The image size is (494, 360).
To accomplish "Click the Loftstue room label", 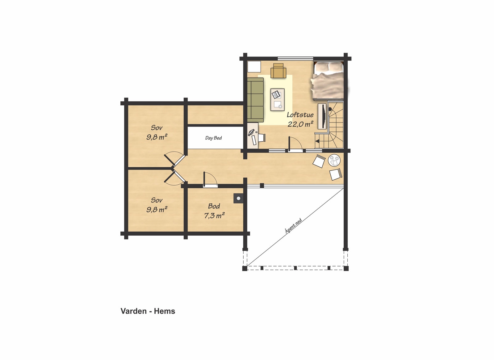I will [x=300, y=115].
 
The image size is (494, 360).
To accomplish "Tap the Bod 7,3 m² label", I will [x=214, y=211].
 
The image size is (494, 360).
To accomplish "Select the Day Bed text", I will [x=213, y=138].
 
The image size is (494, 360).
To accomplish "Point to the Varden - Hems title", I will [x=148, y=311].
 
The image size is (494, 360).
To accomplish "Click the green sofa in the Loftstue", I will [x=255, y=99].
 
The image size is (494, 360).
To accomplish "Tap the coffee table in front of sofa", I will [x=277, y=100].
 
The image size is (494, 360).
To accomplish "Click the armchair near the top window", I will [x=278, y=71].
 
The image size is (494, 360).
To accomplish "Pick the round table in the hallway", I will [x=334, y=161].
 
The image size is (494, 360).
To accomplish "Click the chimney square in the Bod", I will [x=238, y=199].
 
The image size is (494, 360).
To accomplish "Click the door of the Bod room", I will [x=210, y=180].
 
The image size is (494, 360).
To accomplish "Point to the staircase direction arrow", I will [x=317, y=141].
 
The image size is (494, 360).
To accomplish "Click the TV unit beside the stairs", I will [x=322, y=116].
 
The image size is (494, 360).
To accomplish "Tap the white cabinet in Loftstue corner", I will [x=254, y=67].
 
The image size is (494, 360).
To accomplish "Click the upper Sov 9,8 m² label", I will [x=157, y=132].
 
